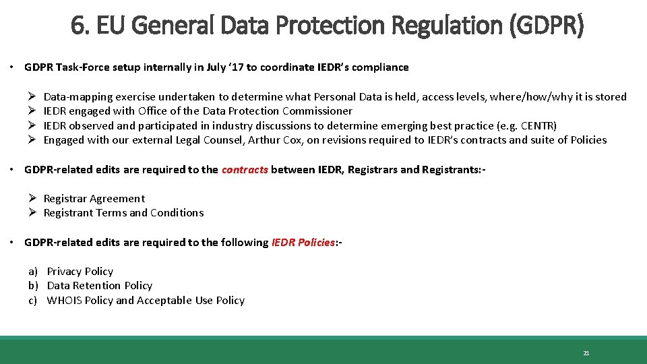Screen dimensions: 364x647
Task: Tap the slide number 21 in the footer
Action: coord(586,353)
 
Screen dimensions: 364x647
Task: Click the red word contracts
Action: coord(245,169)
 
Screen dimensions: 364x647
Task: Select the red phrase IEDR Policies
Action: coord(303,242)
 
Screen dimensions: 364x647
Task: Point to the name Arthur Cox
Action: coord(274,140)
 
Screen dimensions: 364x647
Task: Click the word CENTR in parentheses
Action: coord(537,125)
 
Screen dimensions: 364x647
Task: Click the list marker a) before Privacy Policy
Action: coord(32,271)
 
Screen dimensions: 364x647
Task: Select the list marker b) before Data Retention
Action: coord(32,286)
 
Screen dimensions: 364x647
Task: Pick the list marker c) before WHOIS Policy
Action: coord(32,301)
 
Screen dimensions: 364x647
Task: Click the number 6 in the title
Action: coord(76,26)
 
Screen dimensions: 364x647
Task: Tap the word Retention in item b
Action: coord(98,286)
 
